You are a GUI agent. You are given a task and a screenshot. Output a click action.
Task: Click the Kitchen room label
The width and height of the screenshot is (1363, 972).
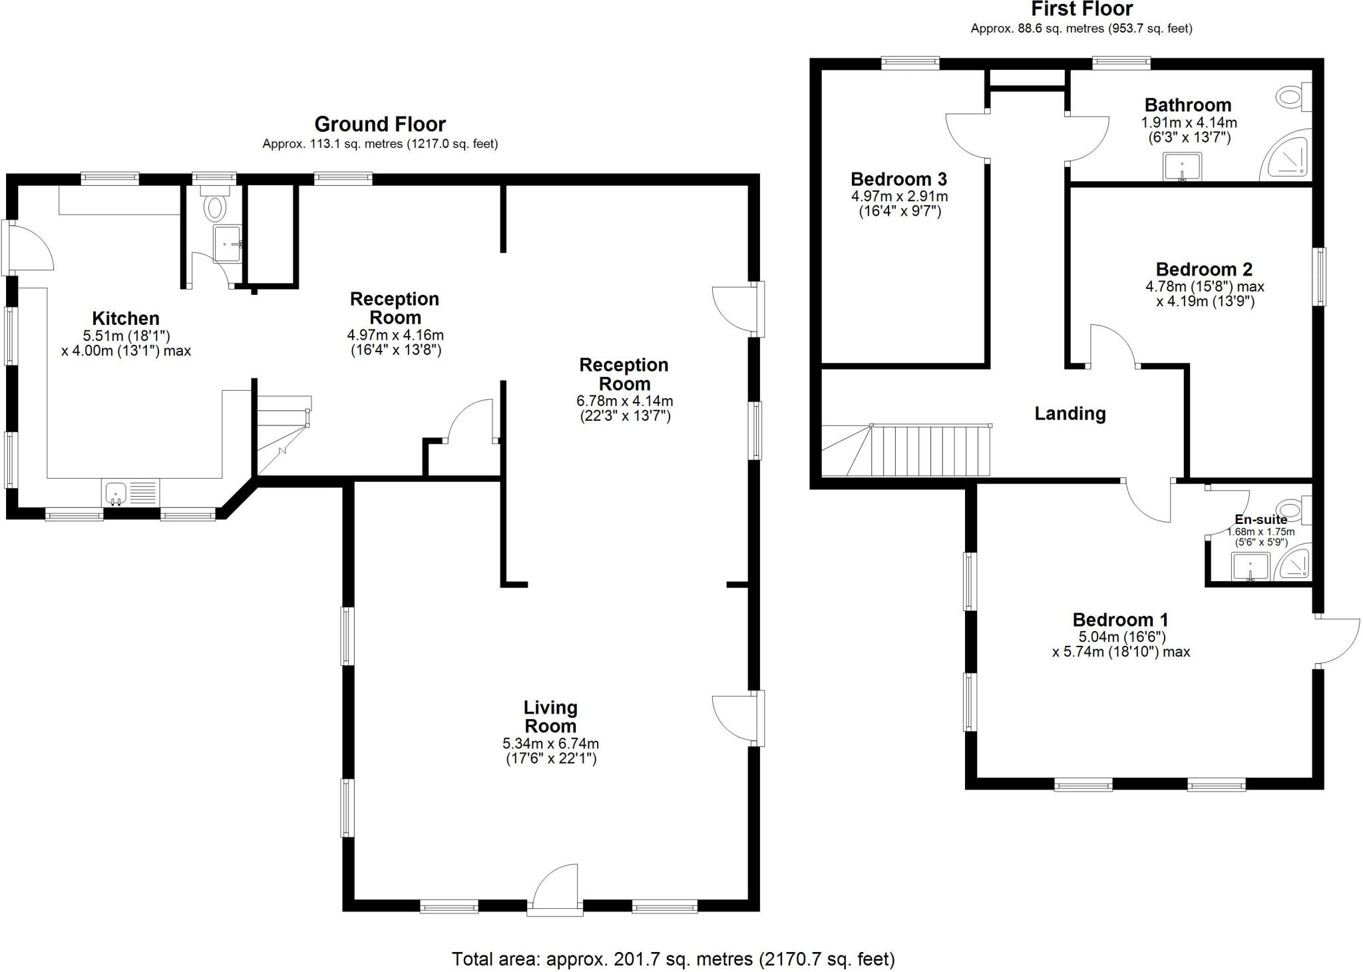pos(126,318)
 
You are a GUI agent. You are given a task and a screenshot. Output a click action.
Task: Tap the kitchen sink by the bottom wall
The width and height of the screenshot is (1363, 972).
pos(116,493)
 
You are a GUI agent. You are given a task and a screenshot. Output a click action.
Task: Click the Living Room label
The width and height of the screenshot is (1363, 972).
pos(550,717)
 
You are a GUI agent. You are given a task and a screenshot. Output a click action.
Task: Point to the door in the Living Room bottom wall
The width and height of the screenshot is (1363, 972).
pos(555,892)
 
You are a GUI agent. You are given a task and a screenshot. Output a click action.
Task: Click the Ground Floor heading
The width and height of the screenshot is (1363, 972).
pos(380,124)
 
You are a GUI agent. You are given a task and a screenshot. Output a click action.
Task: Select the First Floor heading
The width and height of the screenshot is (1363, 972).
pos(1081,9)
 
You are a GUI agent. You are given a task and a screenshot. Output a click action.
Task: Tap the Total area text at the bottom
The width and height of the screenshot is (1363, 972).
pos(674,959)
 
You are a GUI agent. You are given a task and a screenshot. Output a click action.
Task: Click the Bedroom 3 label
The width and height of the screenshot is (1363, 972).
pos(898,179)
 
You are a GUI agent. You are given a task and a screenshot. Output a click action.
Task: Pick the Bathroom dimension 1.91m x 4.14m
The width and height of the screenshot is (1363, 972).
pos(1189,122)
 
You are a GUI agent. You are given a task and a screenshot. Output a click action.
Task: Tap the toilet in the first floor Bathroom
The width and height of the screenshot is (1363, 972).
pos(1292,98)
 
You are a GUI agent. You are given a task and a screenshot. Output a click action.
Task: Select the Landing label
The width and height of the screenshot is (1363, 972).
pos(1070,413)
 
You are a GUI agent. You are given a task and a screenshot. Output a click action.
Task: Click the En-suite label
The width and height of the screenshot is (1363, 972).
pos(1261,519)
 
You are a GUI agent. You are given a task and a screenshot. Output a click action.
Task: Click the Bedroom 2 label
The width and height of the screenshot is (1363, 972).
pos(1204,270)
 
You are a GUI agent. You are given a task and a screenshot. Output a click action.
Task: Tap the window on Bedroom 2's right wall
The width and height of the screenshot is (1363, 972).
pos(1319,277)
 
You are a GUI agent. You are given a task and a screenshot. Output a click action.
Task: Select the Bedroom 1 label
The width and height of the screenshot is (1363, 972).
pos(1121,620)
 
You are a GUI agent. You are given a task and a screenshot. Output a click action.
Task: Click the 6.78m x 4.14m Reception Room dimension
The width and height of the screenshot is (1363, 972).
pos(624,401)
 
